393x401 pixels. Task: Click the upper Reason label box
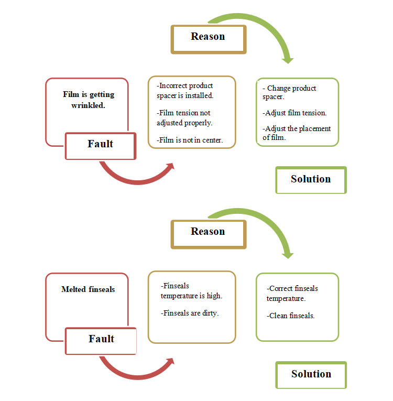click(x=209, y=39)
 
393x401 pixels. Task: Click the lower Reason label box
click(x=209, y=234)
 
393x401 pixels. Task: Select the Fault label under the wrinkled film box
click(x=101, y=146)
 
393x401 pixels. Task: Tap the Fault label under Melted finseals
click(x=101, y=341)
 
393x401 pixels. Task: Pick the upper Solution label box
click(x=311, y=180)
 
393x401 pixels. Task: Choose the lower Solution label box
click(x=311, y=375)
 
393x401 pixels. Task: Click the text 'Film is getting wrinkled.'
click(x=89, y=100)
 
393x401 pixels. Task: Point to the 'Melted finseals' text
click(x=88, y=289)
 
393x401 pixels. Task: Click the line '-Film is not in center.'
click(x=190, y=140)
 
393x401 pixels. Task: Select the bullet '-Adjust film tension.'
click(x=294, y=113)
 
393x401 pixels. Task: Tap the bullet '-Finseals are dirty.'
click(x=190, y=313)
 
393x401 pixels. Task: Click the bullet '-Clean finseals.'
click(x=290, y=316)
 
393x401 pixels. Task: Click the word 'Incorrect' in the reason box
click(x=170, y=85)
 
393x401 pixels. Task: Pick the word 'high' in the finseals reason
click(x=214, y=296)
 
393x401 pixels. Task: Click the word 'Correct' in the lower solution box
click(x=280, y=288)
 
